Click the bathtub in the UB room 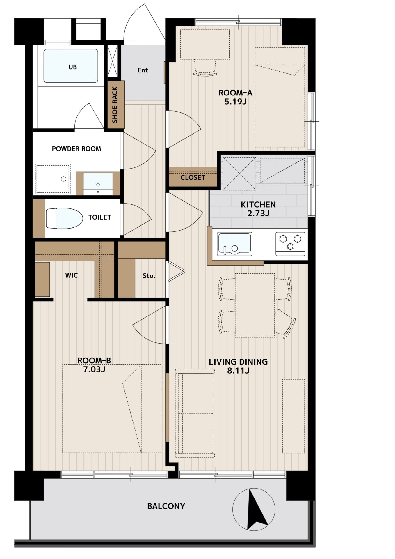pyautogui.click(x=71, y=66)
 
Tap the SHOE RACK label pyautogui.click(x=115, y=105)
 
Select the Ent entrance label pyautogui.click(x=143, y=70)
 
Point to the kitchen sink pyautogui.click(x=234, y=244)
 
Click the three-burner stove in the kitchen pyautogui.click(x=290, y=244)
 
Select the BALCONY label pyautogui.click(x=166, y=506)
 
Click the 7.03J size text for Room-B pyautogui.click(x=94, y=369)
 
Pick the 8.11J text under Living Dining pyautogui.click(x=238, y=371)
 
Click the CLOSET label pyautogui.click(x=193, y=178)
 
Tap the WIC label pyautogui.click(x=72, y=275)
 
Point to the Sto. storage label pyautogui.click(x=149, y=276)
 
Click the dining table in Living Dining pyautogui.click(x=255, y=305)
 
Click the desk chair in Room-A pyautogui.click(x=205, y=68)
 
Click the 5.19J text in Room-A pyautogui.click(x=235, y=102)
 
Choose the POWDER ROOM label pyautogui.click(x=76, y=149)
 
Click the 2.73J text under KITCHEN pyautogui.click(x=258, y=213)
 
